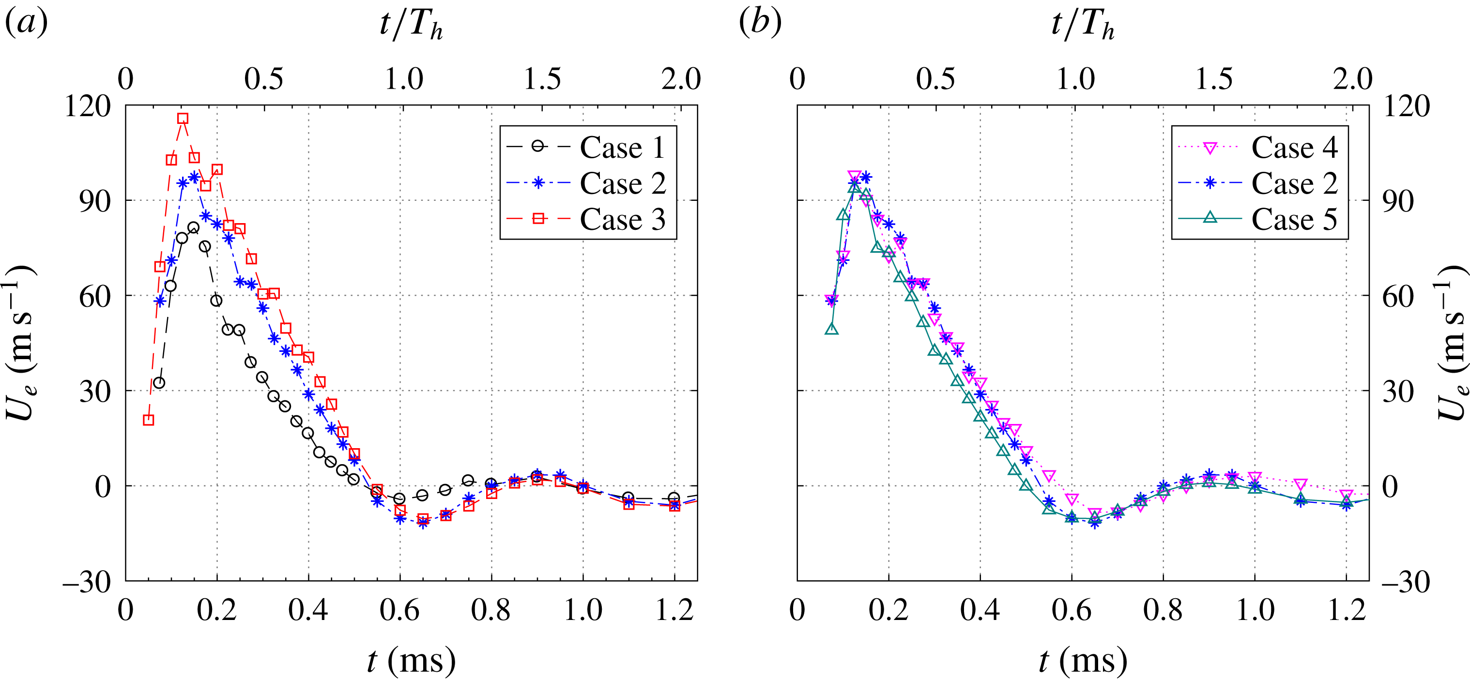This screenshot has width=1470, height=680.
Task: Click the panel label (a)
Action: click(x=26, y=23)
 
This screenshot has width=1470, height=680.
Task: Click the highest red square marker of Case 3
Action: click(x=183, y=119)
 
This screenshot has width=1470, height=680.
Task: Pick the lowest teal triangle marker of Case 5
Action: click(x=1072, y=518)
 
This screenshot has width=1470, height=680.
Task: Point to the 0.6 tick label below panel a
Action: click(x=399, y=611)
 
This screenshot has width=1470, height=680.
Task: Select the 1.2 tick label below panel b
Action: click(x=1346, y=611)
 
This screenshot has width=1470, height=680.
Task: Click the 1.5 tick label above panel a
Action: click(x=542, y=79)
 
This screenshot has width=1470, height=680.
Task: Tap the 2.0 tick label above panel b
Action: click(x=1352, y=79)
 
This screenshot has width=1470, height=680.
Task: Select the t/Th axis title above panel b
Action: click(x=1083, y=25)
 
